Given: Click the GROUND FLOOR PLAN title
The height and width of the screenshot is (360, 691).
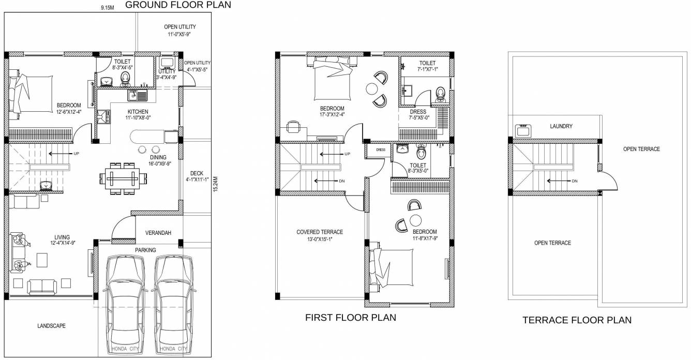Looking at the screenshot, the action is pyautogui.click(x=178, y=5).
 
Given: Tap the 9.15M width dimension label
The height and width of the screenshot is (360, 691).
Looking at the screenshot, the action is pyautogui.click(x=107, y=8).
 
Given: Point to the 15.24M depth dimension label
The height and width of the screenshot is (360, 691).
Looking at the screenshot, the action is pyautogui.click(x=215, y=184).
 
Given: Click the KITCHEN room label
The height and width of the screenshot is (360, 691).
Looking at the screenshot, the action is pyautogui.click(x=138, y=112).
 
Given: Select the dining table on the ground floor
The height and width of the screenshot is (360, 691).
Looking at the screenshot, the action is pyautogui.click(x=123, y=178).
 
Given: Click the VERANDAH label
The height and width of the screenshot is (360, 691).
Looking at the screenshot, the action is pyautogui.click(x=158, y=233).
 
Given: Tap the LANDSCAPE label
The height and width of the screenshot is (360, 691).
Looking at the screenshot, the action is pyautogui.click(x=51, y=326).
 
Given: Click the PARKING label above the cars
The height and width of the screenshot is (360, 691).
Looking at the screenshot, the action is pyautogui.click(x=145, y=250).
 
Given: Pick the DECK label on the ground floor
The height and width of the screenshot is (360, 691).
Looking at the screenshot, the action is pyautogui.click(x=197, y=173).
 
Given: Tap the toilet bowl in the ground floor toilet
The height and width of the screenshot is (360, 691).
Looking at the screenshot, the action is pyautogui.click(x=125, y=79).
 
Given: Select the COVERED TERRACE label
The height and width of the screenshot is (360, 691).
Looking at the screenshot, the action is pyautogui.click(x=320, y=232).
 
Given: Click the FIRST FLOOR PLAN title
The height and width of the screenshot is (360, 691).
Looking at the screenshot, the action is pyautogui.click(x=351, y=318).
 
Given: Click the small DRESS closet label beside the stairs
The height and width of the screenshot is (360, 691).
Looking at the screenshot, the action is pyautogui.click(x=381, y=149).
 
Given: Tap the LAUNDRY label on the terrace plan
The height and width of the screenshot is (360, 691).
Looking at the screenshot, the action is pyautogui.click(x=561, y=126).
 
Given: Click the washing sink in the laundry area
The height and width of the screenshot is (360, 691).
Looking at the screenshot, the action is pyautogui.click(x=523, y=130).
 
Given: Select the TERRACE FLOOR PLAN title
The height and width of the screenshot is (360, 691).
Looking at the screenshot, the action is pyautogui.click(x=577, y=320).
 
